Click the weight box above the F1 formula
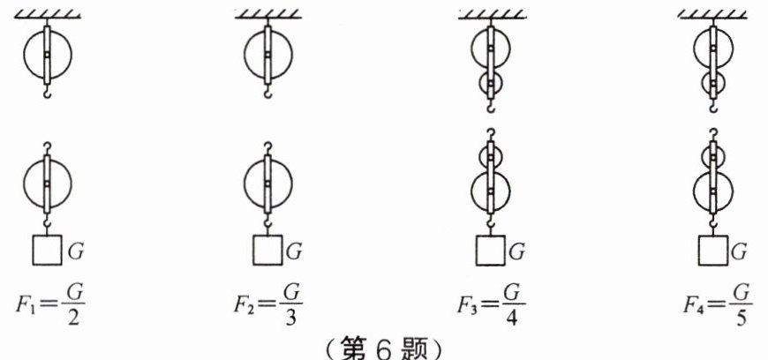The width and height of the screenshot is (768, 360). coord(47,250)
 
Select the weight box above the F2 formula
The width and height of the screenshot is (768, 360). coord(267,250)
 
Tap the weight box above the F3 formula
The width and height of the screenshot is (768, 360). coord(491,250)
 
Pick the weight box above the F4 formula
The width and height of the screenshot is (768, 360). coord(714,250)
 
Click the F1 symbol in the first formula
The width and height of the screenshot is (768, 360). coord(26,304)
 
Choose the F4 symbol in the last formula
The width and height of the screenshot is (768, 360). coord(693,304)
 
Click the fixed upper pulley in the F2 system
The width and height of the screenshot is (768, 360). coord(267,55)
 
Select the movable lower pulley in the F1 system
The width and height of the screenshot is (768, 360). coord(47,184)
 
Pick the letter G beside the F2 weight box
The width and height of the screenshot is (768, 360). coord(294,251)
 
